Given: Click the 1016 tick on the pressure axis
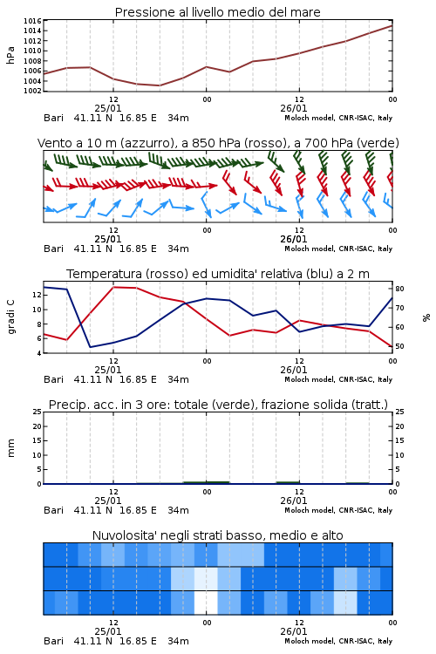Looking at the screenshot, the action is (32, 21).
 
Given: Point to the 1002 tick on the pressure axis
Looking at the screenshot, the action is (32, 91).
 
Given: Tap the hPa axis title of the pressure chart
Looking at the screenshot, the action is (10, 55).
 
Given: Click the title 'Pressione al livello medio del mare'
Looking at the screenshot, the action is (218, 12).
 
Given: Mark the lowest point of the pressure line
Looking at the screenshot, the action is (159, 85).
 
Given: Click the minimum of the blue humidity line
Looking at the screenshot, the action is (90, 347).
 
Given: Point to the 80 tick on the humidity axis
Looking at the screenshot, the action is (399, 289).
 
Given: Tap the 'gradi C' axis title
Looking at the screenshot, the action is (10, 317).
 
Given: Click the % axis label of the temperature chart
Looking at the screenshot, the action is (426, 317).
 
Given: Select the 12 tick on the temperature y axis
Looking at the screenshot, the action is (37, 295).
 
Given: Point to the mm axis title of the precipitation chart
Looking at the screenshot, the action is (10, 448).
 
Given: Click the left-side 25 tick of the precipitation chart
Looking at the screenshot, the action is (37, 412).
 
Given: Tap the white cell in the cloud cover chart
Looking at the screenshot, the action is (206, 603).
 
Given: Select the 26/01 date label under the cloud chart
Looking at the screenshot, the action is (294, 631).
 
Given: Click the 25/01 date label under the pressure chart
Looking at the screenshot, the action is (108, 108).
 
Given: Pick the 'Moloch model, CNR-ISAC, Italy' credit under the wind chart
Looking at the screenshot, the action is (338, 249).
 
